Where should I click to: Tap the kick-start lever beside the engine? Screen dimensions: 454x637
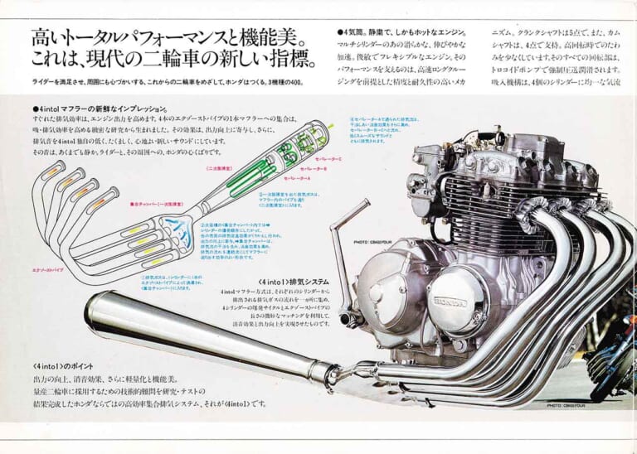[343, 249]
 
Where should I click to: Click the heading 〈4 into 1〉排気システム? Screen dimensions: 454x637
[286, 281]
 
